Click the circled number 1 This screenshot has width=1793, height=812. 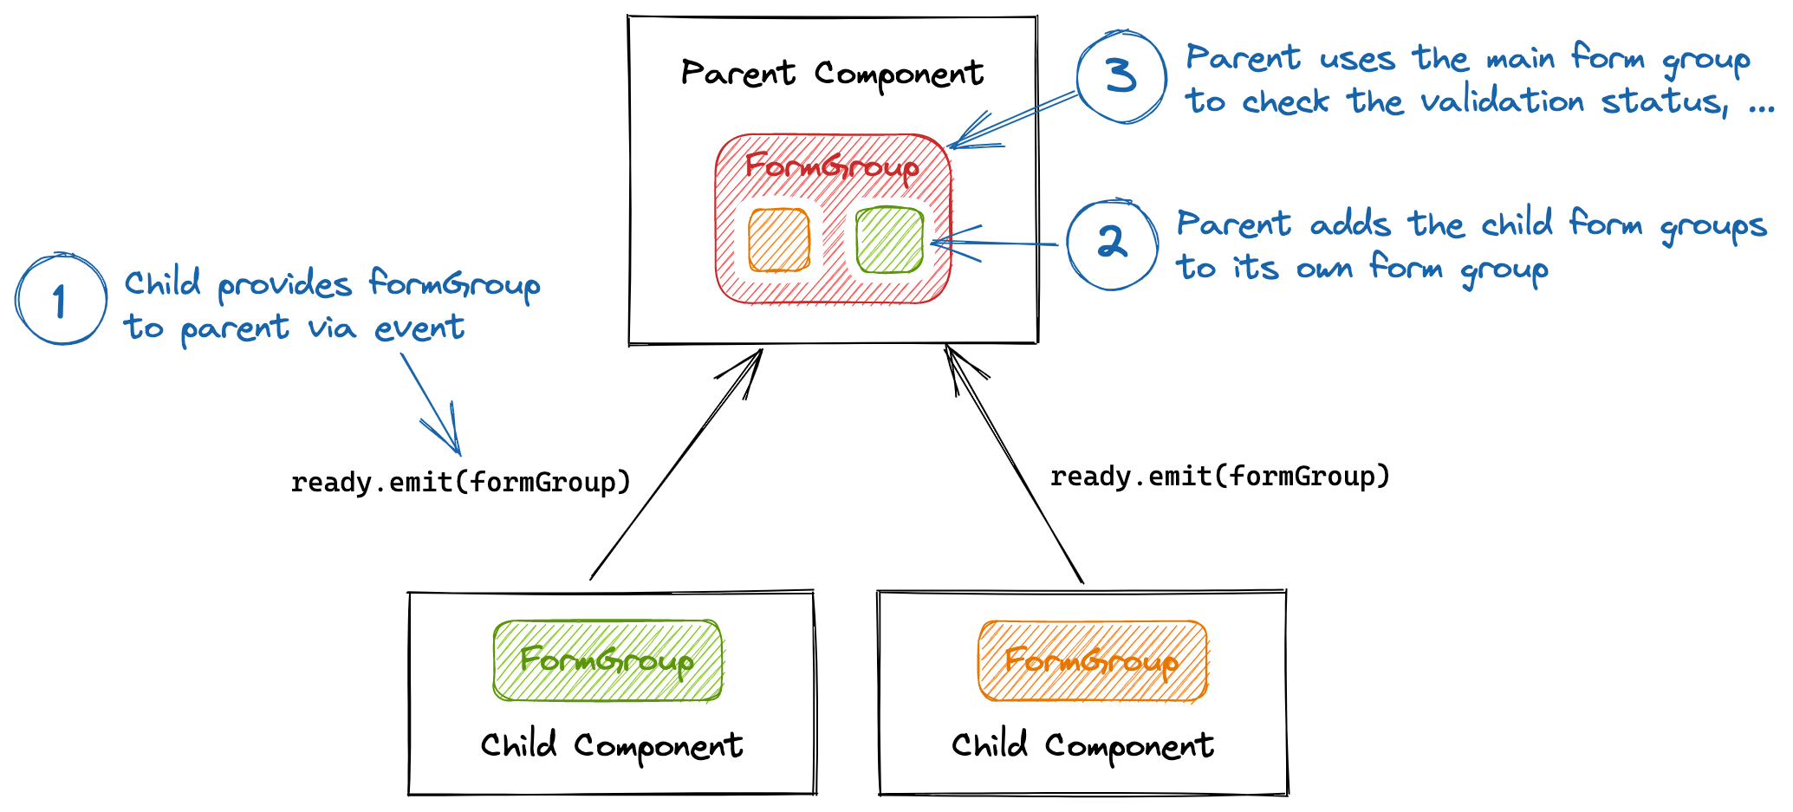61,300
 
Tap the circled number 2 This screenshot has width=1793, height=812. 1112,244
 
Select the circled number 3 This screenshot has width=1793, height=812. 1121,76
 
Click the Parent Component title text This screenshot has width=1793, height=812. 832,74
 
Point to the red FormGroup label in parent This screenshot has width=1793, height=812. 832,166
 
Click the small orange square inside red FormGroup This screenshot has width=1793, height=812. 779,240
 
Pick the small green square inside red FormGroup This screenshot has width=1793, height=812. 889,240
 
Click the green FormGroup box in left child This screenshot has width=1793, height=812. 607,660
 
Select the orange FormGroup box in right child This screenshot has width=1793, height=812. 1092,660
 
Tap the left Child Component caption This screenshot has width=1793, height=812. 612,746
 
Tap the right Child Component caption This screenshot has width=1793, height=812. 1082,746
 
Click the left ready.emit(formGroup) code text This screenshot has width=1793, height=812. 460,482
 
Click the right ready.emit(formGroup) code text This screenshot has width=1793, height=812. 1219,476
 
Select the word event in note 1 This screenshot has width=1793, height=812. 419,328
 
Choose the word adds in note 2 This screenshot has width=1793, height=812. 1349,224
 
